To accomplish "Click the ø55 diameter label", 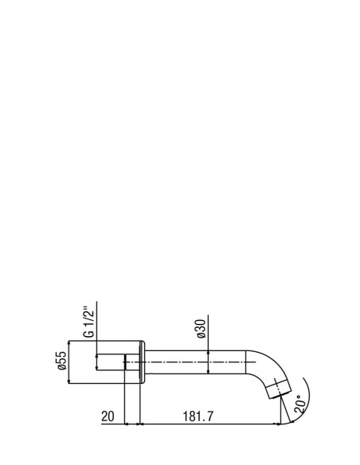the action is [x=62, y=361].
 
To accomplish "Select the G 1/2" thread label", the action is [x=89, y=322].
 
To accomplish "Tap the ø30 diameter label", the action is [x=202, y=329].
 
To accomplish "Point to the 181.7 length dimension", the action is [x=198, y=416].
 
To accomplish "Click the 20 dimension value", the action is [x=108, y=416].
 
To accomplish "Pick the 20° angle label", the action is [x=300, y=404].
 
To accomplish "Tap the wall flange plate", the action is [x=142, y=362].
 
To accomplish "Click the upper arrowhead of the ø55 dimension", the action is [x=68, y=343].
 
